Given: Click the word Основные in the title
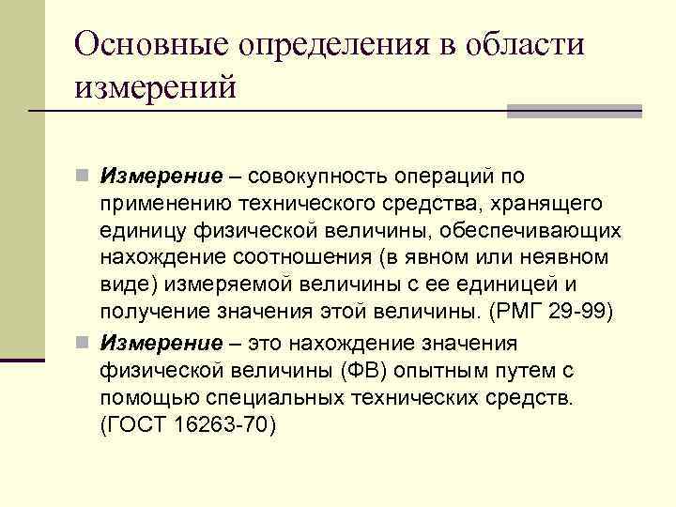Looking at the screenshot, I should point(150,44).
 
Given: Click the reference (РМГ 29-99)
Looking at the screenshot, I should point(559,311).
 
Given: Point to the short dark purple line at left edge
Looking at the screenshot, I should point(23,360).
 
